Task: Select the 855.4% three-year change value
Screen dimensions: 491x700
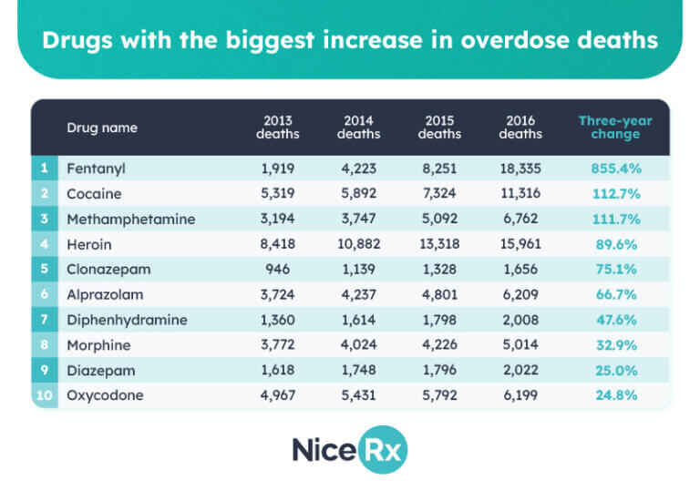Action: (x=609, y=169)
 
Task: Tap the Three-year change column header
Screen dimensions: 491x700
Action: (x=609, y=128)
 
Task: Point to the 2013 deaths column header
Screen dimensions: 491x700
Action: (x=278, y=128)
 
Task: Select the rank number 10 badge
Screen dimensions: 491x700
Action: (x=44, y=396)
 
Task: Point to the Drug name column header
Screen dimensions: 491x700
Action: (x=102, y=128)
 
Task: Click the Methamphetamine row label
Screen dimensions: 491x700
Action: (x=130, y=220)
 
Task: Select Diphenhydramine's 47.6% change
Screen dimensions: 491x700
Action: (x=609, y=321)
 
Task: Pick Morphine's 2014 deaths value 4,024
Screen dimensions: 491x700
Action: (x=358, y=346)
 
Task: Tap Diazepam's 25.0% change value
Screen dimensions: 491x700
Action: (x=609, y=371)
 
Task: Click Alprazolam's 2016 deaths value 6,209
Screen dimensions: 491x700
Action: (x=520, y=295)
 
